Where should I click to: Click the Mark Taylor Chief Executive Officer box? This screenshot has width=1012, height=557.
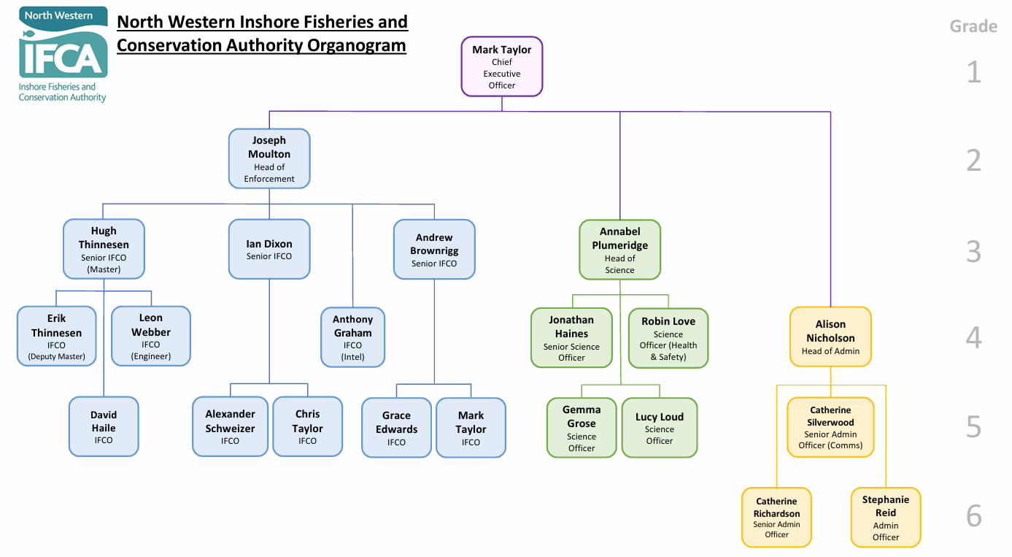click(x=502, y=66)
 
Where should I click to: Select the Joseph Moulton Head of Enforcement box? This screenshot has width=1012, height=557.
click(x=269, y=158)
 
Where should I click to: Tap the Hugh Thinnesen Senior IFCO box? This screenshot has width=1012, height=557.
click(x=104, y=249)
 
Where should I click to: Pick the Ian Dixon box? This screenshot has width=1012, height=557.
click(x=269, y=249)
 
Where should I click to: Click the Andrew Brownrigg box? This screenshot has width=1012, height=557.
click(x=434, y=250)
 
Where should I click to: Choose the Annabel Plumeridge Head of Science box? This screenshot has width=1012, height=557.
click(x=620, y=250)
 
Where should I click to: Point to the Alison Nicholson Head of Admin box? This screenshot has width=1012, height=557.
click(x=830, y=337)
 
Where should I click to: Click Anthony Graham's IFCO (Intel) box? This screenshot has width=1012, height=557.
click(x=353, y=337)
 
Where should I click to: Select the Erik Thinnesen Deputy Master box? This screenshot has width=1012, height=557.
click(x=56, y=337)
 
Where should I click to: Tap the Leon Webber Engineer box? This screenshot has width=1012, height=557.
click(x=151, y=337)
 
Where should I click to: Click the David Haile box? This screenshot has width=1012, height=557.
click(x=104, y=426)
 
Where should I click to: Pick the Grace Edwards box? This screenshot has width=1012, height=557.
click(x=396, y=427)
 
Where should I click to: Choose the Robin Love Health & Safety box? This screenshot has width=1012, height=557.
click(x=668, y=338)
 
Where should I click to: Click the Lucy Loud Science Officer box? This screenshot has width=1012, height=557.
click(x=660, y=427)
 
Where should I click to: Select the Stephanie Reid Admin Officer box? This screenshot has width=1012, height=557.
click(x=886, y=518)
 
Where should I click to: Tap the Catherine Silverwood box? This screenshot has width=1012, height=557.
click(x=830, y=427)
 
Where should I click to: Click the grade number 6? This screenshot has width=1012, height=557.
click(x=974, y=516)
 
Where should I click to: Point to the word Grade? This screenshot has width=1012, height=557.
click(x=973, y=27)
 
